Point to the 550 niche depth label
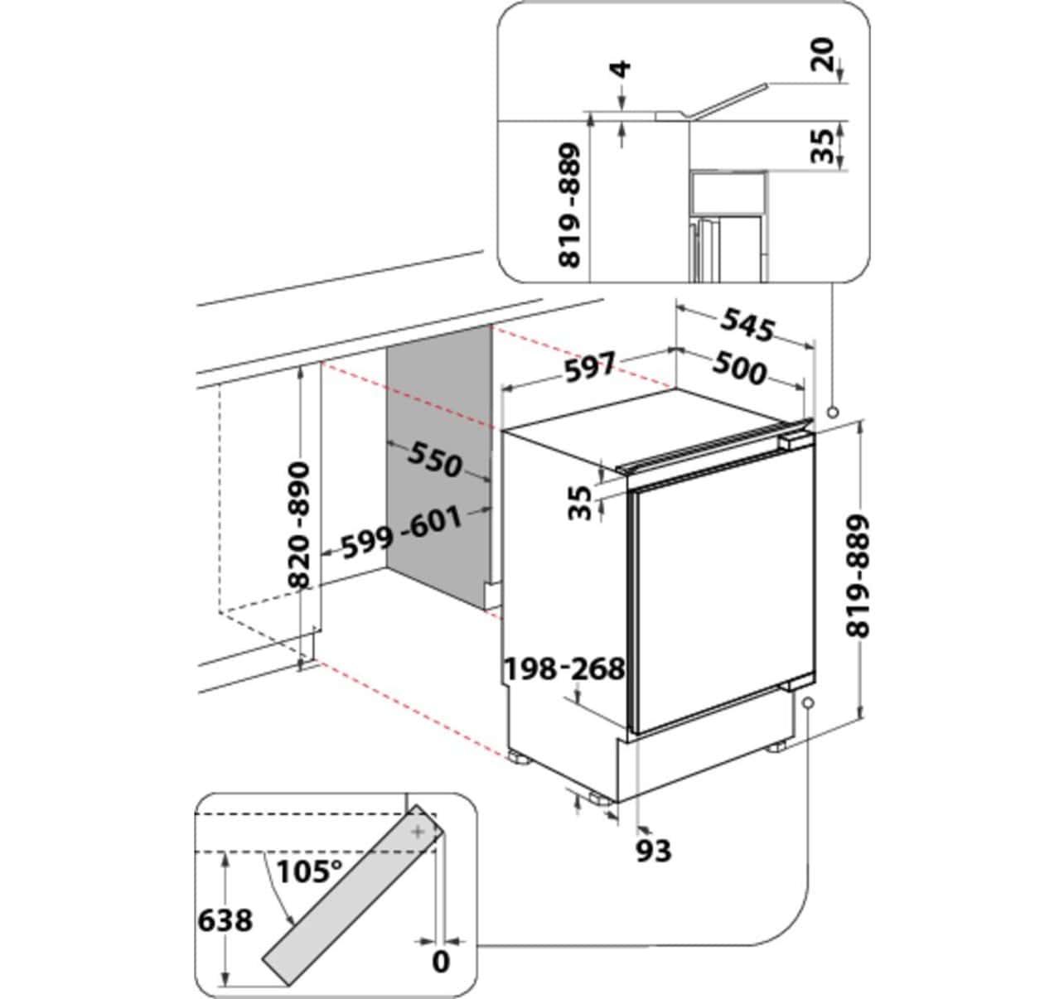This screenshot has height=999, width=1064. (x=434, y=458)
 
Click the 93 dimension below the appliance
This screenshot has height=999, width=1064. (x=653, y=849)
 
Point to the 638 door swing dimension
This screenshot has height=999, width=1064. (x=225, y=919)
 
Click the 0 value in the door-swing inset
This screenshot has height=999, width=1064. (x=441, y=963)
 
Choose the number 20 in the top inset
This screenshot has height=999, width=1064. (x=822, y=56)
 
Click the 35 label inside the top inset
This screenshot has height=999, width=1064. (x=822, y=145)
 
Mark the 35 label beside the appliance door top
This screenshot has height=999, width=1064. (x=583, y=502)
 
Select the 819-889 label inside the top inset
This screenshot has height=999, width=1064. (x=570, y=205)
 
